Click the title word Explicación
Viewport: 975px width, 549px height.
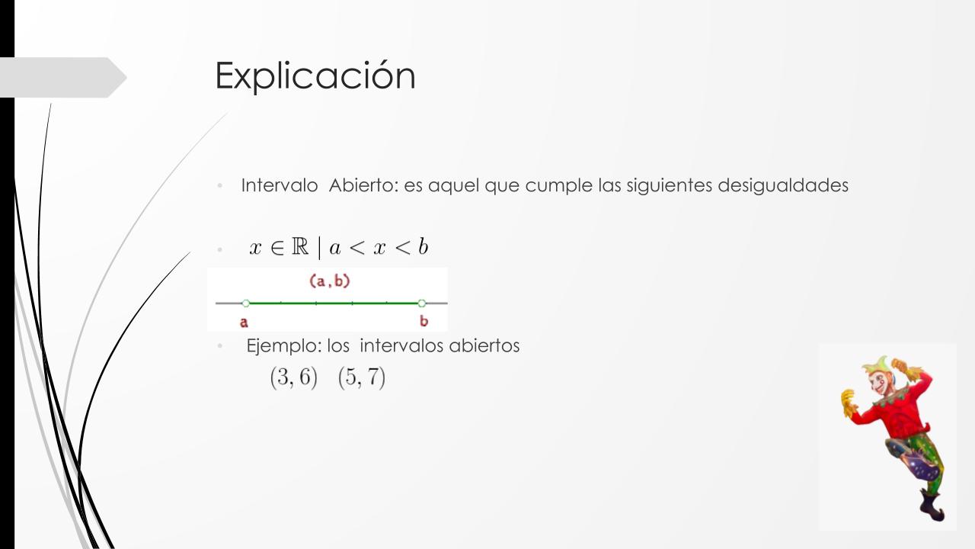tap(315, 75)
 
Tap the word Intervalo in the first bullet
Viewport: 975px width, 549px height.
tap(280, 185)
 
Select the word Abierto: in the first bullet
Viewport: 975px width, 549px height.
tap(363, 185)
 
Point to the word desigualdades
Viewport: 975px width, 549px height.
tap(783, 186)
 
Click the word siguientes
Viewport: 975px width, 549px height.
tap(669, 186)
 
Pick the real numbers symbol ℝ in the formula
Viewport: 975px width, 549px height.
tap(300, 246)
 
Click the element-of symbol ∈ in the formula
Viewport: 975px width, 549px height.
tap(277, 248)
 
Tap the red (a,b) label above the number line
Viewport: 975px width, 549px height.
tap(330, 281)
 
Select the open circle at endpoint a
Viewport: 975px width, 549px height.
tap(246, 303)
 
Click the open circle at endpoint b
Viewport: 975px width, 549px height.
tap(421, 303)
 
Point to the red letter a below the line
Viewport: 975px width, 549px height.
tap(244, 323)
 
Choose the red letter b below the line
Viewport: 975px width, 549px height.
tap(424, 321)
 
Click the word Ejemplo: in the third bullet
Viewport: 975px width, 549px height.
tap(284, 346)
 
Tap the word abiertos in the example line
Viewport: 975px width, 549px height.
tap(484, 345)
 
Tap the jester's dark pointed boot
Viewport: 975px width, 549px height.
tap(932, 506)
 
